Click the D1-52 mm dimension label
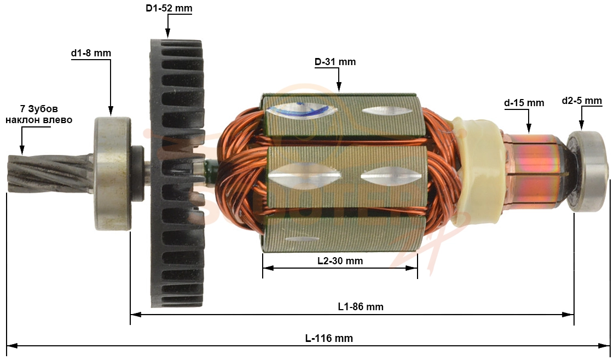tap(169, 8)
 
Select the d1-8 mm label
tap(91, 53)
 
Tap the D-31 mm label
tap(335, 62)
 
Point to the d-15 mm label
tap(524, 103)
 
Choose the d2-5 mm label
tap(582, 101)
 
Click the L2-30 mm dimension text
tap(340, 260)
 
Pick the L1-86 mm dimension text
tap(361, 307)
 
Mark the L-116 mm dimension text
tap(329, 338)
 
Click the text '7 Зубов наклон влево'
tap(39, 114)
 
